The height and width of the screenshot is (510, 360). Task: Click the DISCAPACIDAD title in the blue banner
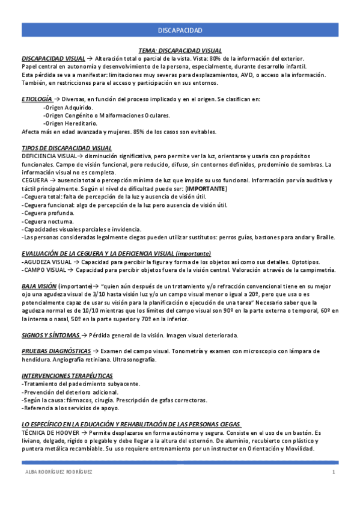coord(180,30)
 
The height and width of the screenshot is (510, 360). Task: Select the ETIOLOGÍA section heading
coord(37,99)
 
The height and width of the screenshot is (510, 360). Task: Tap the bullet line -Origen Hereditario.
coord(70,123)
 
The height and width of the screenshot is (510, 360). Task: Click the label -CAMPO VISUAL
coord(44,271)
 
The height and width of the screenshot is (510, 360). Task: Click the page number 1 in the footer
coord(333,472)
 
